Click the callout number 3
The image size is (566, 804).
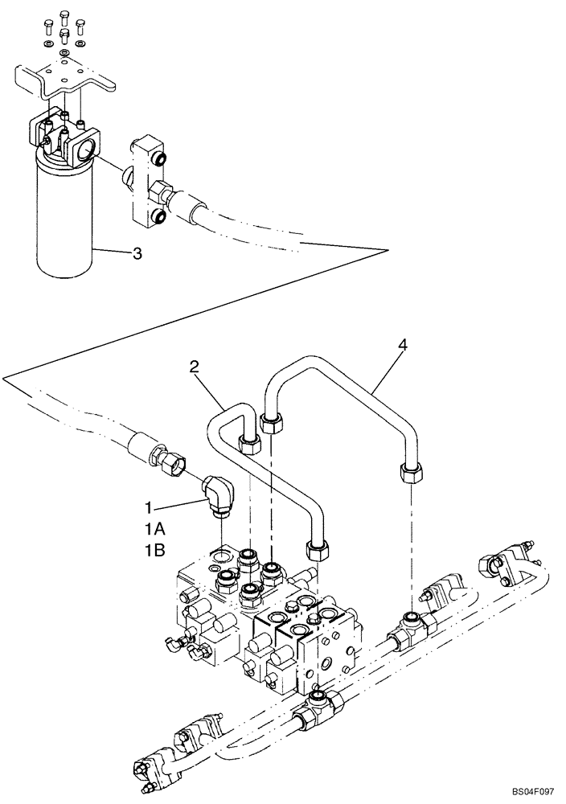tap(137, 255)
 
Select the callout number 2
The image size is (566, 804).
tap(193, 367)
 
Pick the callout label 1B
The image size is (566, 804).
tap(155, 551)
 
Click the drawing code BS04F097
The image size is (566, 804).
tap(527, 792)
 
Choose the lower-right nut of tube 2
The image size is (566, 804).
tap(316, 550)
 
